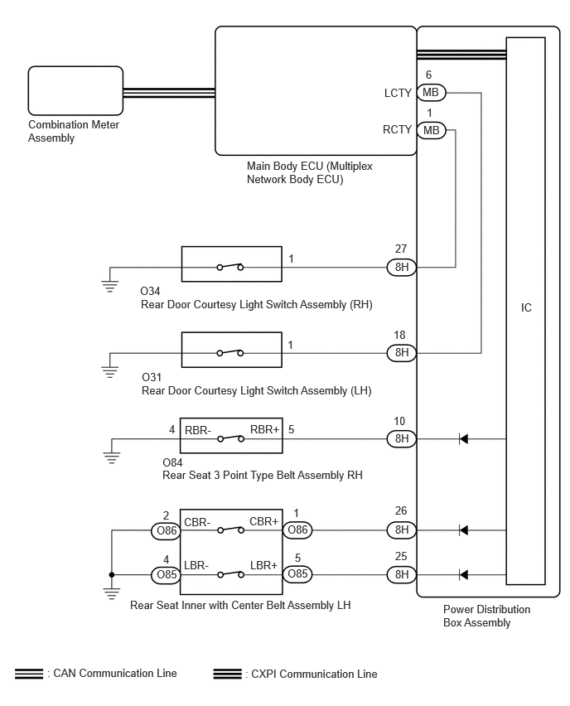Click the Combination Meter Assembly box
tap(75, 92)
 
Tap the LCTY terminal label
tap(398, 93)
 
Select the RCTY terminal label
tap(398, 130)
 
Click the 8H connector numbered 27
tap(402, 267)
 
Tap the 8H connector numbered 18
tap(402, 353)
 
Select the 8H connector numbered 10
tap(402, 438)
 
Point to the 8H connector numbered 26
tap(402, 529)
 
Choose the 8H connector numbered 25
tap(402, 574)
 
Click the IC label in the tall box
tap(526, 308)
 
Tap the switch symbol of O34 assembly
tap(230, 267)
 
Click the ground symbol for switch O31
tap(109, 370)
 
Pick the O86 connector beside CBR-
tap(162, 529)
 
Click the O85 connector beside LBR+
tap(298, 574)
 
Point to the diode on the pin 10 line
tap(464, 438)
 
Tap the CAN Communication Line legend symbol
tap(29, 675)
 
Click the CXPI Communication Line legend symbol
tap(228, 675)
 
